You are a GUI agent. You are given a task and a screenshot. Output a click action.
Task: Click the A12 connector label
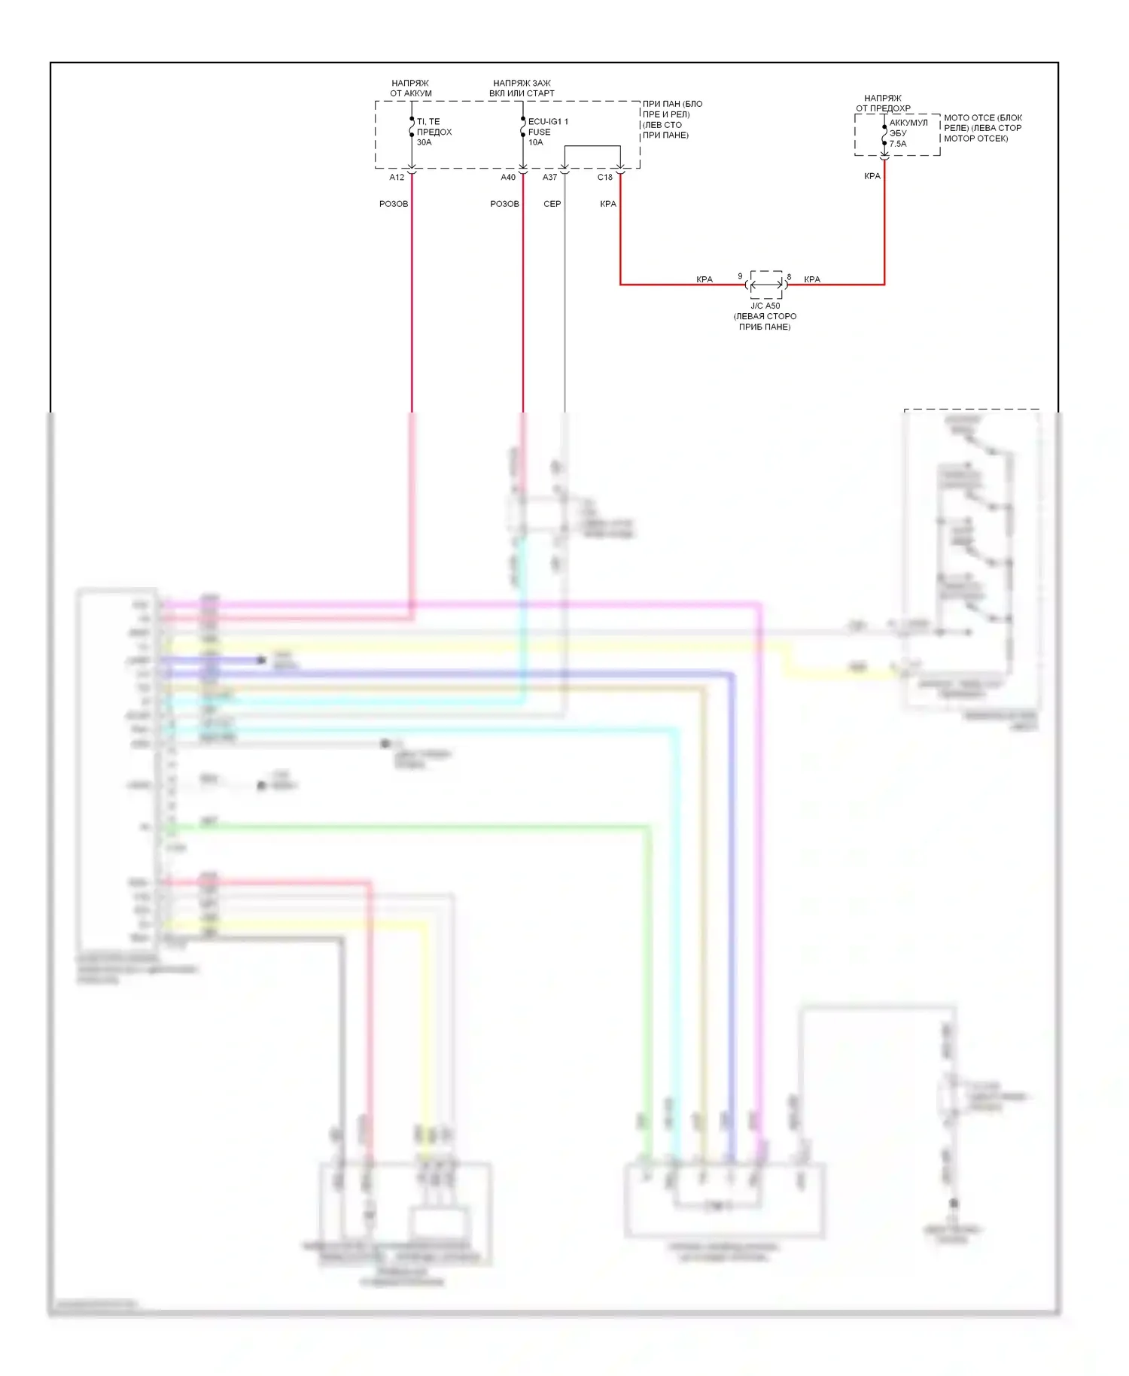[397, 178]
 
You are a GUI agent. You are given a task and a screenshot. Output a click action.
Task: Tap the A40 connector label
[508, 178]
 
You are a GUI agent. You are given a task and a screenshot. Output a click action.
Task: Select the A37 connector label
[550, 178]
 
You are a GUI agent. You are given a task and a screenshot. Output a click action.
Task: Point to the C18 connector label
[605, 178]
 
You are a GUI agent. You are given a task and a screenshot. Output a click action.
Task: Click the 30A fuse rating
[425, 142]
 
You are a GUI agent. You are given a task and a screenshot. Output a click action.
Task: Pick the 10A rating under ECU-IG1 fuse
[535, 142]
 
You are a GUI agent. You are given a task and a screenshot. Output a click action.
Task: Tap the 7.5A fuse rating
[898, 144]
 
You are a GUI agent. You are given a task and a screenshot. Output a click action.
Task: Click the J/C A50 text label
[765, 306]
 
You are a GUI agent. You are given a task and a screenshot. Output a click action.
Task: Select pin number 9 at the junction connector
[740, 276]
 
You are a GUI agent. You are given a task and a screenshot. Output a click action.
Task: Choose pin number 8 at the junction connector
[789, 277]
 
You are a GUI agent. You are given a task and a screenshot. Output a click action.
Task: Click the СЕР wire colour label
[552, 204]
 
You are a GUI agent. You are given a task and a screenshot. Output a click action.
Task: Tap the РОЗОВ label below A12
[394, 204]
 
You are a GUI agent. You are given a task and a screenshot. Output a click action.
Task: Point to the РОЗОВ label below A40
[504, 204]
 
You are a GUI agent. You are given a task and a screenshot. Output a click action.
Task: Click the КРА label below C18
[608, 204]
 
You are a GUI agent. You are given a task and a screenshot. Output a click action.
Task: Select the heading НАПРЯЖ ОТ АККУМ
[411, 88]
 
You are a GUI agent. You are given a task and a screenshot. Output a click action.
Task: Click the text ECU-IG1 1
[548, 121]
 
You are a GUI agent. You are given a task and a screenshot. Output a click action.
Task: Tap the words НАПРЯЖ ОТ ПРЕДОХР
[883, 103]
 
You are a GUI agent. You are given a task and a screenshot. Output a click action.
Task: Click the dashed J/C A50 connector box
[766, 285]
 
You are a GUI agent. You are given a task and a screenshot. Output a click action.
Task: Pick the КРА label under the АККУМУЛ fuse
[872, 176]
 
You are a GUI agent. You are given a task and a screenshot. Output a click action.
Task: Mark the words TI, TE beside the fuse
[428, 121]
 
